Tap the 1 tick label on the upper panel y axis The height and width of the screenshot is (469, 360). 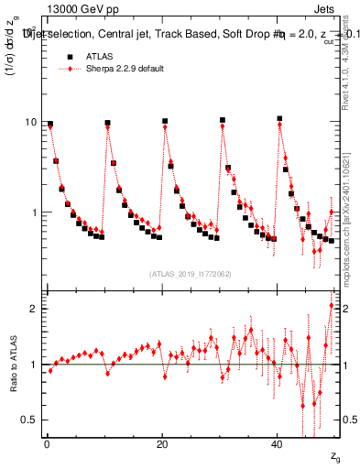34,213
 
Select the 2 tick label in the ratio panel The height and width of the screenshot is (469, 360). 34,309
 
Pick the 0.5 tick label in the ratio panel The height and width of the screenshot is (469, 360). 29,420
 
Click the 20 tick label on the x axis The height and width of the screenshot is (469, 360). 162,442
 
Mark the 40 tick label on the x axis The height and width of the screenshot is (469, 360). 278,442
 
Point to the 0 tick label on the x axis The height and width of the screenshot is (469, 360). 47,442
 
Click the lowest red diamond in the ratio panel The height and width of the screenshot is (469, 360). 302,406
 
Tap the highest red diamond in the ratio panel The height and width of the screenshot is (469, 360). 332,305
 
